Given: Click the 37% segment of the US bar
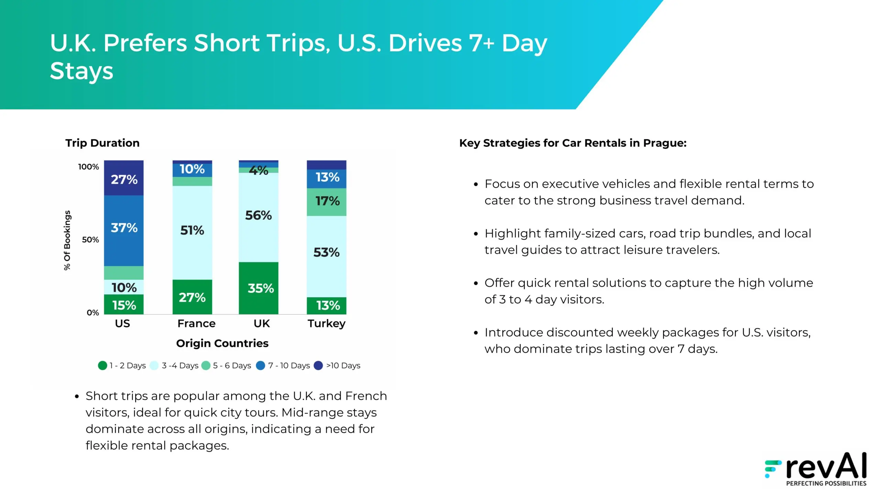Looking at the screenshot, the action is pos(124,231).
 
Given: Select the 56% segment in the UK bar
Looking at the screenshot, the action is pos(258,217).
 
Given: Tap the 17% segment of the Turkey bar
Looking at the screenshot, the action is pos(327,202).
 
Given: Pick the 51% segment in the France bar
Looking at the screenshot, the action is pos(192,233).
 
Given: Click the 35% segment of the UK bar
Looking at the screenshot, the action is pos(258,288).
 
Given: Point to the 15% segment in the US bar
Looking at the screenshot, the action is pos(124,304).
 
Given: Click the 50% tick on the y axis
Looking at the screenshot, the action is pos(90,240).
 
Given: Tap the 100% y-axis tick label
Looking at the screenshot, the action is pos(88,167).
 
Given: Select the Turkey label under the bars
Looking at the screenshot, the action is pos(327,324).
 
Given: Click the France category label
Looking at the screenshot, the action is pos(196,323).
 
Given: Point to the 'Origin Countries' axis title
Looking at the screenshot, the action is pos(222,343).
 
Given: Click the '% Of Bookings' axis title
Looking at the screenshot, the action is pos(67,240).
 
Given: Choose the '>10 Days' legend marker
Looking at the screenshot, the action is pos(318,365).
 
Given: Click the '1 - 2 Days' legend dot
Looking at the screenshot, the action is pos(102,365).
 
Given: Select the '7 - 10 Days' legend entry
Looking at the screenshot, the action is pos(283,365).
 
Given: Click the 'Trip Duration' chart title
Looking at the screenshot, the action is pos(102,143).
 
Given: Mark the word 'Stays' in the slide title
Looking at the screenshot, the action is pos(81,71).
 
